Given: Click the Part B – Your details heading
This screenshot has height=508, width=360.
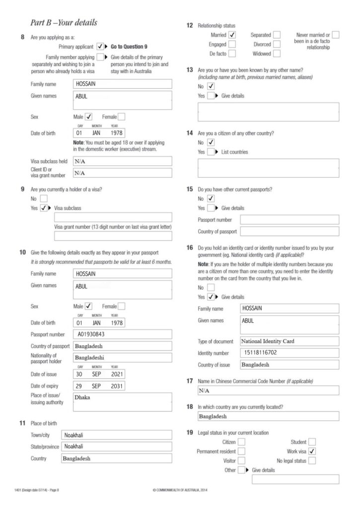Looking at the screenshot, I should [x=64, y=23].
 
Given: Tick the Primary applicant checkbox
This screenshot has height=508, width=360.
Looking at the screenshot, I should [x=100, y=46].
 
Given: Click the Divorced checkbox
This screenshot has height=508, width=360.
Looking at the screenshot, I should [x=277, y=44].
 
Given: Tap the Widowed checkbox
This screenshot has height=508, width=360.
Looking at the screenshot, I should [x=277, y=53].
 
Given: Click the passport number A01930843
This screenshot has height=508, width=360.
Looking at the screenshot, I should [x=91, y=334].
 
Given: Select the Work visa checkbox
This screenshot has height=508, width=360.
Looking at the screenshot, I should [x=312, y=451].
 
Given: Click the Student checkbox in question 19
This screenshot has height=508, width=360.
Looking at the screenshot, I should [x=312, y=442].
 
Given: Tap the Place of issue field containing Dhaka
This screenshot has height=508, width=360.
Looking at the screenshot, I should [x=122, y=401].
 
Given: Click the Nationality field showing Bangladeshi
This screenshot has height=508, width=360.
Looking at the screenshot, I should [x=122, y=357].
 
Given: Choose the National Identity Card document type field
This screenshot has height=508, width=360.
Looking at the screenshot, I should [x=289, y=341].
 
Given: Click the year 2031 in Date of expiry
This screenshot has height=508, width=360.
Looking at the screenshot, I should [x=117, y=385].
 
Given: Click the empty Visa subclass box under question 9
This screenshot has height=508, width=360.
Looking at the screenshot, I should [x=113, y=217].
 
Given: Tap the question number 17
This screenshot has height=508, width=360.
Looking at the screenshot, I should [x=190, y=381].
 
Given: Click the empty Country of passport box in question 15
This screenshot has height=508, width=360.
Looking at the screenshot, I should [x=289, y=232].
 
